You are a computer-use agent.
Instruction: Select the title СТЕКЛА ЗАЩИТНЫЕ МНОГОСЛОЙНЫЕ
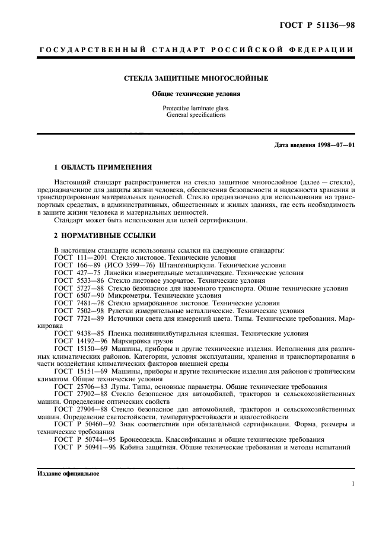click(x=196, y=78)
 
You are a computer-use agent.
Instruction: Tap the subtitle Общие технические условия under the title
click(x=196, y=94)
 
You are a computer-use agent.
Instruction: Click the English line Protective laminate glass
click(x=196, y=109)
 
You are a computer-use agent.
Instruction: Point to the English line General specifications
click(x=196, y=115)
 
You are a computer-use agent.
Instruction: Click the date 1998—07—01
click(x=334, y=145)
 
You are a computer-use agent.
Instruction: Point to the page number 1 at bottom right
click(x=353, y=484)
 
